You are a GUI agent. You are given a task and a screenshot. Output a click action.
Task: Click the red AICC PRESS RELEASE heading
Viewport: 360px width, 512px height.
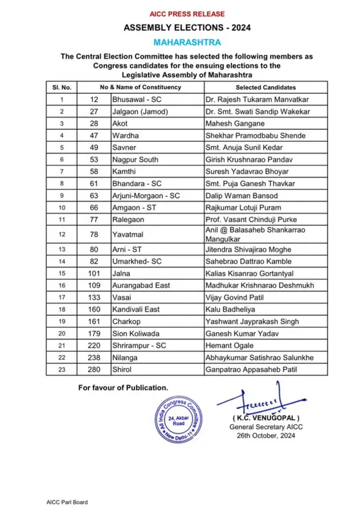click(x=187, y=13)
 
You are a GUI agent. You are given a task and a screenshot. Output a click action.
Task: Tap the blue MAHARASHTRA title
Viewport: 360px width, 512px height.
click(x=187, y=42)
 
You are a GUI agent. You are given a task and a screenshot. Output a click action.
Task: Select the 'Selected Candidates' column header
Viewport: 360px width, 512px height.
click(x=265, y=87)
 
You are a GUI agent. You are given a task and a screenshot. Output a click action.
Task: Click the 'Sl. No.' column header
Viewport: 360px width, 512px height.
click(x=62, y=87)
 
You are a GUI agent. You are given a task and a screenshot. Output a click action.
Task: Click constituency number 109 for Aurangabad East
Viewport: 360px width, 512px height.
click(x=94, y=286)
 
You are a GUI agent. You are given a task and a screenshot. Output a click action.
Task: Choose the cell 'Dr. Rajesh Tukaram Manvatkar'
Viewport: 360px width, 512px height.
click(x=257, y=99)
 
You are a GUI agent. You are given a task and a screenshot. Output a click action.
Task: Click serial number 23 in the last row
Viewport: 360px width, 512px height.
click(x=62, y=370)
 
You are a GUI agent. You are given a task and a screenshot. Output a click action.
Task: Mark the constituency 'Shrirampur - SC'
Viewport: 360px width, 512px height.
click(x=138, y=346)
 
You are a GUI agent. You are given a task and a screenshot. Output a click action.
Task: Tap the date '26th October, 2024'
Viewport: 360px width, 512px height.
click(x=266, y=436)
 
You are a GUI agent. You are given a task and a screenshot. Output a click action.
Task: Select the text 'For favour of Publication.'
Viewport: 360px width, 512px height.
click(x=123, y=387)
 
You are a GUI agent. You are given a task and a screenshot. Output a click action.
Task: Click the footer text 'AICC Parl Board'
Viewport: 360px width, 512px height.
click(x=67, y=502)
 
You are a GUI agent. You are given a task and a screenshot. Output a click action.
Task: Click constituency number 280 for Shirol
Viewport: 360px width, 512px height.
click(x=94, y=370)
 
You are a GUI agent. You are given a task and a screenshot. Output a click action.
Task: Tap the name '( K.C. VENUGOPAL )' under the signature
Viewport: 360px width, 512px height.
click(x=266, y=419)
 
